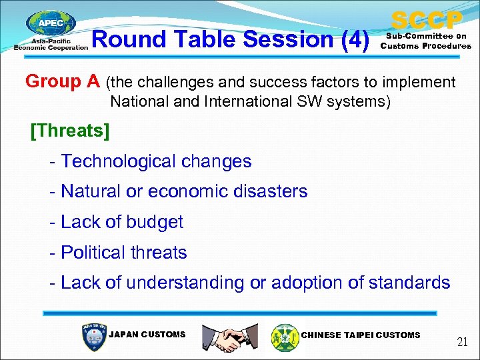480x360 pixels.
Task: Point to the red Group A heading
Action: coord(63,81)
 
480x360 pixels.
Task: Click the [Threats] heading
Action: coord(70,131)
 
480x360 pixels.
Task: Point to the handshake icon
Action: coord(230,337)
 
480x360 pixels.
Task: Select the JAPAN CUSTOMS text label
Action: coord(147,335)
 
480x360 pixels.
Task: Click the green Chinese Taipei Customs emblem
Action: coord(285,337)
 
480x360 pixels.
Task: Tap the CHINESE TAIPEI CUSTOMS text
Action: coord(361,335)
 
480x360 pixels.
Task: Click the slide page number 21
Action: coord(462,343)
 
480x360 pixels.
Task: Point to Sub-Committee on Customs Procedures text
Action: coord(425,41)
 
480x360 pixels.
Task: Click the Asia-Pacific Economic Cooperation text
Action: coord(51,44)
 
